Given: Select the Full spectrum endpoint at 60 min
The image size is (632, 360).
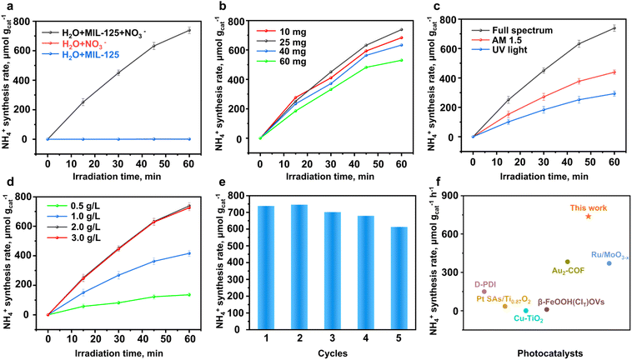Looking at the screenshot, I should [614, 28].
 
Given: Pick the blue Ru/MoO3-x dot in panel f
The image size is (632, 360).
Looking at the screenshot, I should [609, 263].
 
